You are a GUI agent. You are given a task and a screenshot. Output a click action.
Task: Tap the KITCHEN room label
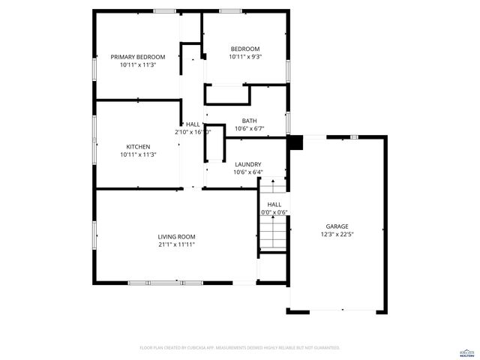pos(138,146)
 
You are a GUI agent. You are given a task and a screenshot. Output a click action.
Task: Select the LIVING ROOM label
pos(177,235)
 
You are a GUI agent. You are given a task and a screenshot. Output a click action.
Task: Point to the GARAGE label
pos(337,226)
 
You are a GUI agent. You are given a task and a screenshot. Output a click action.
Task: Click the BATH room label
pos(249,121)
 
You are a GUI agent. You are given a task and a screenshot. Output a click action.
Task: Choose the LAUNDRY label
pos(247,164)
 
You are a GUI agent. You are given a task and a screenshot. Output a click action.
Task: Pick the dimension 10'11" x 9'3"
pos(245,57)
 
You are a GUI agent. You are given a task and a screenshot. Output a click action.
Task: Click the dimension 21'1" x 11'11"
pos(177,244)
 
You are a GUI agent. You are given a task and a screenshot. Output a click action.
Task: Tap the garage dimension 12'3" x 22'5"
pos(337,234)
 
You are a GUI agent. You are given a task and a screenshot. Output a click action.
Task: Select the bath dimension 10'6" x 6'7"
pos(249,129)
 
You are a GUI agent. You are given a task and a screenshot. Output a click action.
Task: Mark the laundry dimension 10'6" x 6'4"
pos(247,172)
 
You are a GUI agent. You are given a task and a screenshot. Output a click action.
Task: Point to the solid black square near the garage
pos(295,142)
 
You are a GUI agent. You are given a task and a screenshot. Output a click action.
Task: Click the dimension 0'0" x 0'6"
pos(274,212)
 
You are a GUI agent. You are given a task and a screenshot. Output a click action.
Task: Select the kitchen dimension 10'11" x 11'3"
pos(138,154)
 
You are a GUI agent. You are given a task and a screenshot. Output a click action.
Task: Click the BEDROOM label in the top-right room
pos(245,49)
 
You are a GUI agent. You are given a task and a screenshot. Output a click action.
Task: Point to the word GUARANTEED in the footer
pos(326,348)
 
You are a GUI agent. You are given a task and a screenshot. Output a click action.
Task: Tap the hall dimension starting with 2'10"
pos(193,132)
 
